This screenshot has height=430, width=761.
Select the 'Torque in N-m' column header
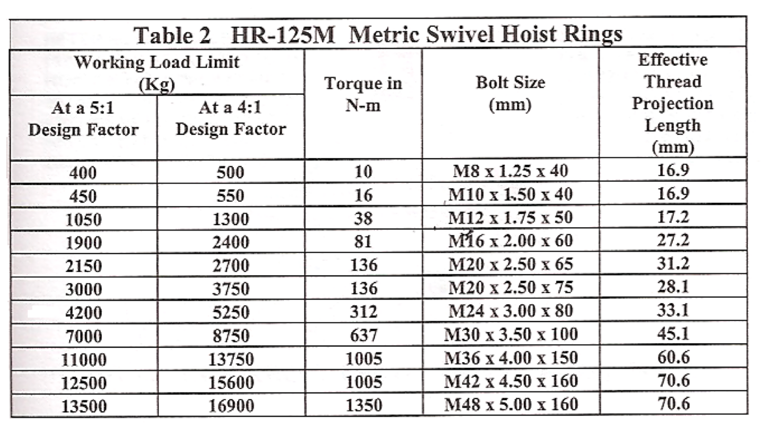(x=363, y=94)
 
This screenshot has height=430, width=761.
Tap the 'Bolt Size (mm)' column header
(x=510, y=93)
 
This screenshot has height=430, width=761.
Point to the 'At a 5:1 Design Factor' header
(x=83, y=119)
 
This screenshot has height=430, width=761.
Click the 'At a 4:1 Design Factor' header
(x=231, y=119)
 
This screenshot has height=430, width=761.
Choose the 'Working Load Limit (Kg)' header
(x=157, y=72)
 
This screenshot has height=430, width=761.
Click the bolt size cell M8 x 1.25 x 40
(x=510, y=171)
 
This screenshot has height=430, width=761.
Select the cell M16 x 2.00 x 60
(x=510, y=241)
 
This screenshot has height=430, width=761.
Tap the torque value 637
(x=364, y=335)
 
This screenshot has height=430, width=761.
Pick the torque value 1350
(x=364, y=405)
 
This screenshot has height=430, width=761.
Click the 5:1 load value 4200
(x=83, y=312)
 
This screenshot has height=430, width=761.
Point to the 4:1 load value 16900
(x=231, y=406)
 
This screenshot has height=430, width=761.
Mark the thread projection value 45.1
(x=673, y=334)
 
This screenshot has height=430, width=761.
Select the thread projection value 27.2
(x=673, y=240)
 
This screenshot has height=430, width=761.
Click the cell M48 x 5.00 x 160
(x=511, y=405)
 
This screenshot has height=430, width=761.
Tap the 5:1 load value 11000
(x=83, y=360)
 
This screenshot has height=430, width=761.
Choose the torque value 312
(x=364, y=311)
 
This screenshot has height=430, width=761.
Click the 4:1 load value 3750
(x=231, y=289)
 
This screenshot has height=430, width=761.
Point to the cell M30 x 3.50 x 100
(x=511, y=335)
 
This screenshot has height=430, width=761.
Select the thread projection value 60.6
(x=673, y=357)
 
